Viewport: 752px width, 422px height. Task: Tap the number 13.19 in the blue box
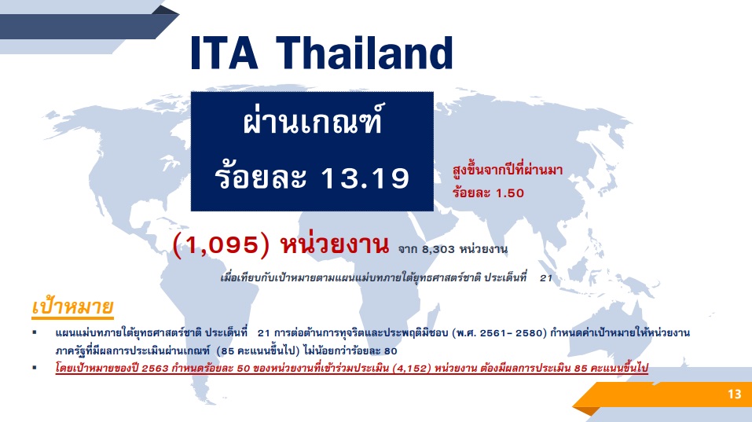click(x=365, y=179)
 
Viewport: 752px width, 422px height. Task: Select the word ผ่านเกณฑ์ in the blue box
click(x=313, y=125)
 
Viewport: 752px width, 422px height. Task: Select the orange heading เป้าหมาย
click(x=73, y=306)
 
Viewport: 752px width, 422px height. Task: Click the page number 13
click(x=734, y=395)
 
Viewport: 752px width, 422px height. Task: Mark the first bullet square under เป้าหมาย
click(x=35, y=333)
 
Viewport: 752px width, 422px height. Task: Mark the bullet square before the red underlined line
click(x=35, y=366)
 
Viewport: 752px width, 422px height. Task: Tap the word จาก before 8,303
click(x=409, y=250)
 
